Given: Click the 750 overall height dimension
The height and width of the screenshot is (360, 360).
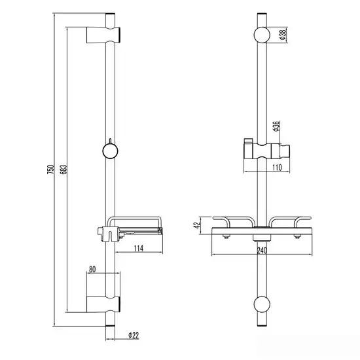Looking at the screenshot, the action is (x=51, y=169).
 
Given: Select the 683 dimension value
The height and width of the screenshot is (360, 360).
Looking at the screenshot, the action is (x=64, y=169).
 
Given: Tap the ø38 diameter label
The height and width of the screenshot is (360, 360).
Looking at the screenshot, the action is (x=283, y=35).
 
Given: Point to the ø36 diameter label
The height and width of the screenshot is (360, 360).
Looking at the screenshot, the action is (x=276, y=126).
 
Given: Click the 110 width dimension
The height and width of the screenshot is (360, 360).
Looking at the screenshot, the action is (x=277, y=168).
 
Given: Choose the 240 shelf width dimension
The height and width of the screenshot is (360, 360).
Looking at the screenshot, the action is (x=262, y=250).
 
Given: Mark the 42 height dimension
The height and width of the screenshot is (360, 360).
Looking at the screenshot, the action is (x=197, y=225).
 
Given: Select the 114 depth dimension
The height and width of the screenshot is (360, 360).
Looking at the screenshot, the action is (x=139, y=248).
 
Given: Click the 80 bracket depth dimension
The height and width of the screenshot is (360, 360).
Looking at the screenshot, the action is (x=92, y=269).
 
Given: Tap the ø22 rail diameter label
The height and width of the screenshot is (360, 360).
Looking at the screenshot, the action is (x=134, y=335).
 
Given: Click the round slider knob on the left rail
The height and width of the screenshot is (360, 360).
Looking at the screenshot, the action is (x=110, y=151).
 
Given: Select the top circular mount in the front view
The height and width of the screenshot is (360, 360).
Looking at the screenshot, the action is (x=262, y=35).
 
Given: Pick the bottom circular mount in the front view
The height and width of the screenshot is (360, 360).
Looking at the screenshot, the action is (x=262, y=304).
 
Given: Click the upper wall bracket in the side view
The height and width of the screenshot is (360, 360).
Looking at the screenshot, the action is (x=103, y=35).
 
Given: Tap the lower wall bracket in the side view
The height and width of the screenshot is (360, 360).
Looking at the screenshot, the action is (x=103, y=304).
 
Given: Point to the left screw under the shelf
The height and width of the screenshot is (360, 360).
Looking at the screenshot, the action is (x=226, y=236).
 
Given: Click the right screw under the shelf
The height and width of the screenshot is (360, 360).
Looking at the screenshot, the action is (x=298, y=236).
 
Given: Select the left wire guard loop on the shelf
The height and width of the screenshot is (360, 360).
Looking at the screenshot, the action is (x=234, y=221).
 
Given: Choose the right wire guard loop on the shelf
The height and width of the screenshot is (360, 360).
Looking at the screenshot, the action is (x=290, y=221).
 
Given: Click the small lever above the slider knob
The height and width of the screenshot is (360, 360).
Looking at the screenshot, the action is (x=110, y=141).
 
